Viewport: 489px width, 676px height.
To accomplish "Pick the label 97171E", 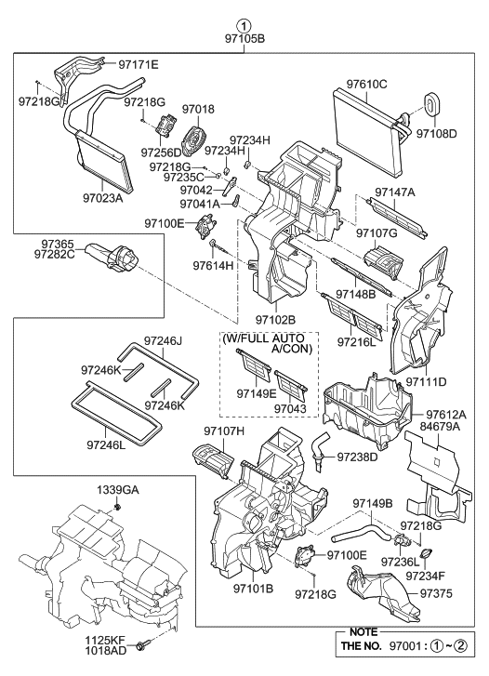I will click(138, 64).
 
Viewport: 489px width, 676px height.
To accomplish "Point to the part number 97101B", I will click(253, 589).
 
